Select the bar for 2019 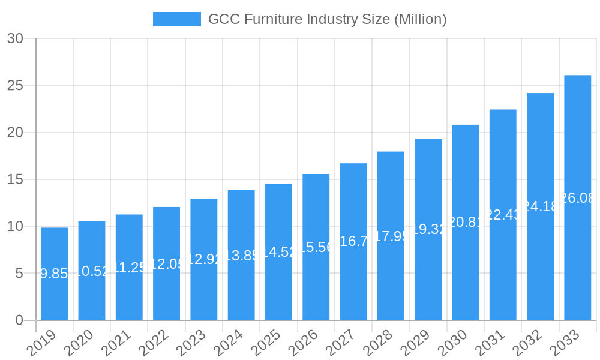tap(54, 274)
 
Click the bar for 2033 tap(577, 198)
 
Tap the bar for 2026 tap(316, 247)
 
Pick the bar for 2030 tap(466, 223)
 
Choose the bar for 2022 tap(166, 263)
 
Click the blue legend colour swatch tap(177, 19)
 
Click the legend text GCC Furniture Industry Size tap(327, 19)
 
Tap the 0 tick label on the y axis tap(19, 320)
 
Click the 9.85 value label tap(54, 274)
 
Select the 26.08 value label tap(577, 198)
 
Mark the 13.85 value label tap(241, 256)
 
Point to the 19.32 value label tap(428, 229)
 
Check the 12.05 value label tap(166, 264)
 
